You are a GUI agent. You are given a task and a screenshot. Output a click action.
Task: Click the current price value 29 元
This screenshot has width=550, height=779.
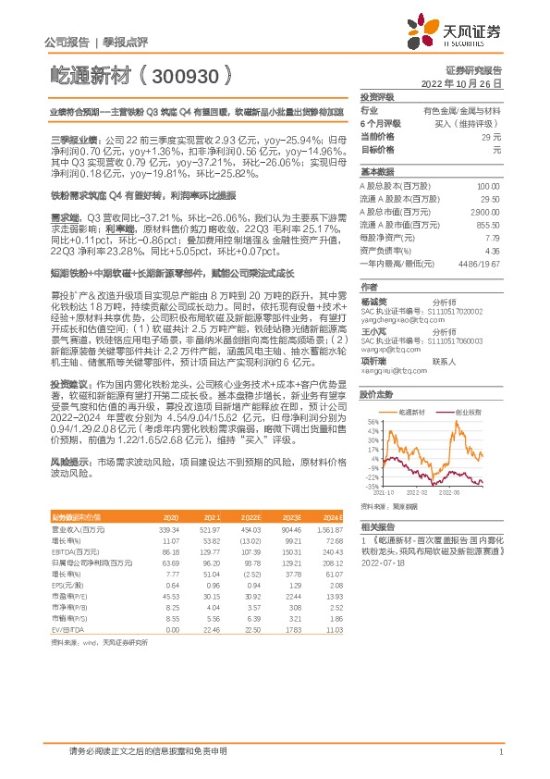(491, 136)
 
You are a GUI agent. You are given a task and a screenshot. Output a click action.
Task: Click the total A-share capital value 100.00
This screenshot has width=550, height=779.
(488, 186)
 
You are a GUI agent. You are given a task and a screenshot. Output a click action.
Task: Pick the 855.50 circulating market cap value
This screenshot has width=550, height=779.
(488, 225)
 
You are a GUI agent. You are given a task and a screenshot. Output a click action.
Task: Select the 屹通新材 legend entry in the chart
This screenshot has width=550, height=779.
(409, 384)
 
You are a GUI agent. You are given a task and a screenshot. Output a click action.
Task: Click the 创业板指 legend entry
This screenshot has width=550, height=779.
(467, 384)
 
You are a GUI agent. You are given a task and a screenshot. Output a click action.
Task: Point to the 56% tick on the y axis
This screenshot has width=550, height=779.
(372, 396)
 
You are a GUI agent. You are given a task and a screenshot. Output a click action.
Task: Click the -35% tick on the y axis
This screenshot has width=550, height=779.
(371, 485)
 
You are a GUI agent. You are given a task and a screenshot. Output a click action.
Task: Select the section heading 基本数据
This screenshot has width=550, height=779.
(377, 172)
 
